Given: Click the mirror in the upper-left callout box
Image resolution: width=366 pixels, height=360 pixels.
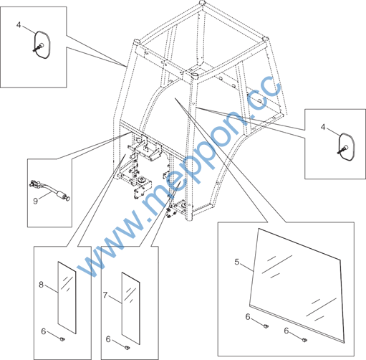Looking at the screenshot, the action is [42, 44].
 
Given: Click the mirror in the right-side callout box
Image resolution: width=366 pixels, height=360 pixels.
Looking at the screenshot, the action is [347, 146].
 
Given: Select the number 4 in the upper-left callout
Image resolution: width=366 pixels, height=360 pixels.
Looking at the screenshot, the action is [19, 24].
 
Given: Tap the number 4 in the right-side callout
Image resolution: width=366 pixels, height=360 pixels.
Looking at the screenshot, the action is [323, 127].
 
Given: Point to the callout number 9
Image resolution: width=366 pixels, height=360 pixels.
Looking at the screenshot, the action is [36, 201].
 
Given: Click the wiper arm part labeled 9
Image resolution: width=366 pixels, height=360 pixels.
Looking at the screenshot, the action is [49, 189].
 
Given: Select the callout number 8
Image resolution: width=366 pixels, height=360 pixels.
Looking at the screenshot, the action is [41, 285].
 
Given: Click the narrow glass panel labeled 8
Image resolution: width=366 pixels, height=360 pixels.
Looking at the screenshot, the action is [67, 298].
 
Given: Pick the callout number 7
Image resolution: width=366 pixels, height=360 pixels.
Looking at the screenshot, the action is [105, 295].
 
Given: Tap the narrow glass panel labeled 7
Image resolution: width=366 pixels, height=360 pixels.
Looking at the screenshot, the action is [131, 308].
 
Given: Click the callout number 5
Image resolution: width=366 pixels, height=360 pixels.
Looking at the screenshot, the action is [236, 262].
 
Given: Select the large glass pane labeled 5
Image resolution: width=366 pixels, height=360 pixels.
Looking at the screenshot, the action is [297, 285].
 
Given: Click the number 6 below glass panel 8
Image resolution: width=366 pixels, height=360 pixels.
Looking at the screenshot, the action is [43, 331].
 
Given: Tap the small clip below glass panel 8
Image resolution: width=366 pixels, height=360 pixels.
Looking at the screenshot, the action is [62, 339].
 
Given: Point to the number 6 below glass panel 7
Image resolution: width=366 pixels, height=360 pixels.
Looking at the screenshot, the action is [108, 339].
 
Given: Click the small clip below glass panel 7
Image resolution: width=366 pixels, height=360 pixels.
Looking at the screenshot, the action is [127, 347].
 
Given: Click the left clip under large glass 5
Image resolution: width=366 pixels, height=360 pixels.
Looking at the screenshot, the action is [265, 326].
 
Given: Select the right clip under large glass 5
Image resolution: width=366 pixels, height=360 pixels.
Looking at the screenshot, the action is [304, 340].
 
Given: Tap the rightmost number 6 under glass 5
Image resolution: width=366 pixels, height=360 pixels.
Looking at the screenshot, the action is [286, 331].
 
